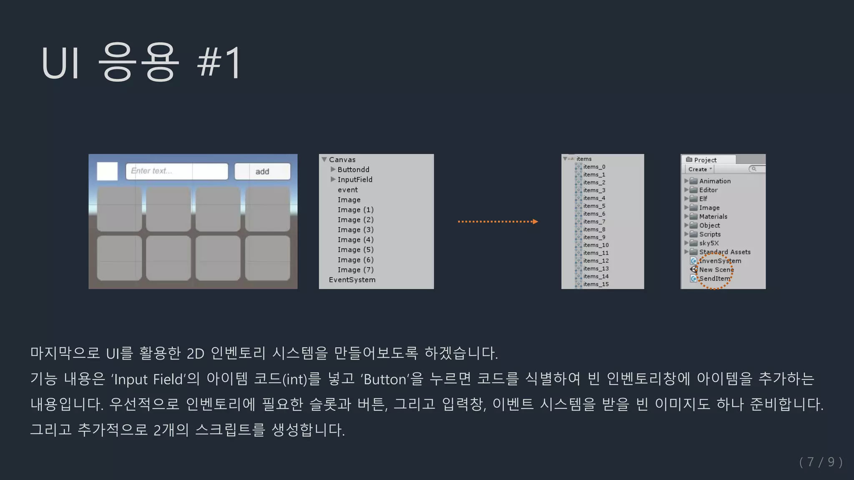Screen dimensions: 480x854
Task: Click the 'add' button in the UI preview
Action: [262, 172]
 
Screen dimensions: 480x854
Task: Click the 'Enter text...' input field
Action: [177, 171]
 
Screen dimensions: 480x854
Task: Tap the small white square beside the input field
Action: [107, 171]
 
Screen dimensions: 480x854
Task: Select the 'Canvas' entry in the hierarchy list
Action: [342, 160]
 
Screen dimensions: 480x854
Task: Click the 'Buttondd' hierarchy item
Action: [353, 170]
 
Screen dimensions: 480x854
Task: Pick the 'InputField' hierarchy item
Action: [355, 180]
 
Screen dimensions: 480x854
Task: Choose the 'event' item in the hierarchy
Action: [348, 190]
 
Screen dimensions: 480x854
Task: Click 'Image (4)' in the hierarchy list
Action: [355, 240]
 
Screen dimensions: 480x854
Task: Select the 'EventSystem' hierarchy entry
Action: [352, 280]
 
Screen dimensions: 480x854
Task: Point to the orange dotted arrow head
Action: [535, 222]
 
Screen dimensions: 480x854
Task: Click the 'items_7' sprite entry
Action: [594, 222]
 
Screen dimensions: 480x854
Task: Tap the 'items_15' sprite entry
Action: [595, 284]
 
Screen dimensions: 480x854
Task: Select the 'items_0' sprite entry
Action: [594, 167]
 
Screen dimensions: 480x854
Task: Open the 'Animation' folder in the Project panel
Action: [714, 181]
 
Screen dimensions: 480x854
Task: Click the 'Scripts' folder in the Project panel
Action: [709, 234]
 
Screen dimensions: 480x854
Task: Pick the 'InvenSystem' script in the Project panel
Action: [720, 261]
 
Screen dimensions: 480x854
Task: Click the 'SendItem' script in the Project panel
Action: [714, 278]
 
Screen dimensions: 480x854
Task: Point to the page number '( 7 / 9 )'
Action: [821, 462]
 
